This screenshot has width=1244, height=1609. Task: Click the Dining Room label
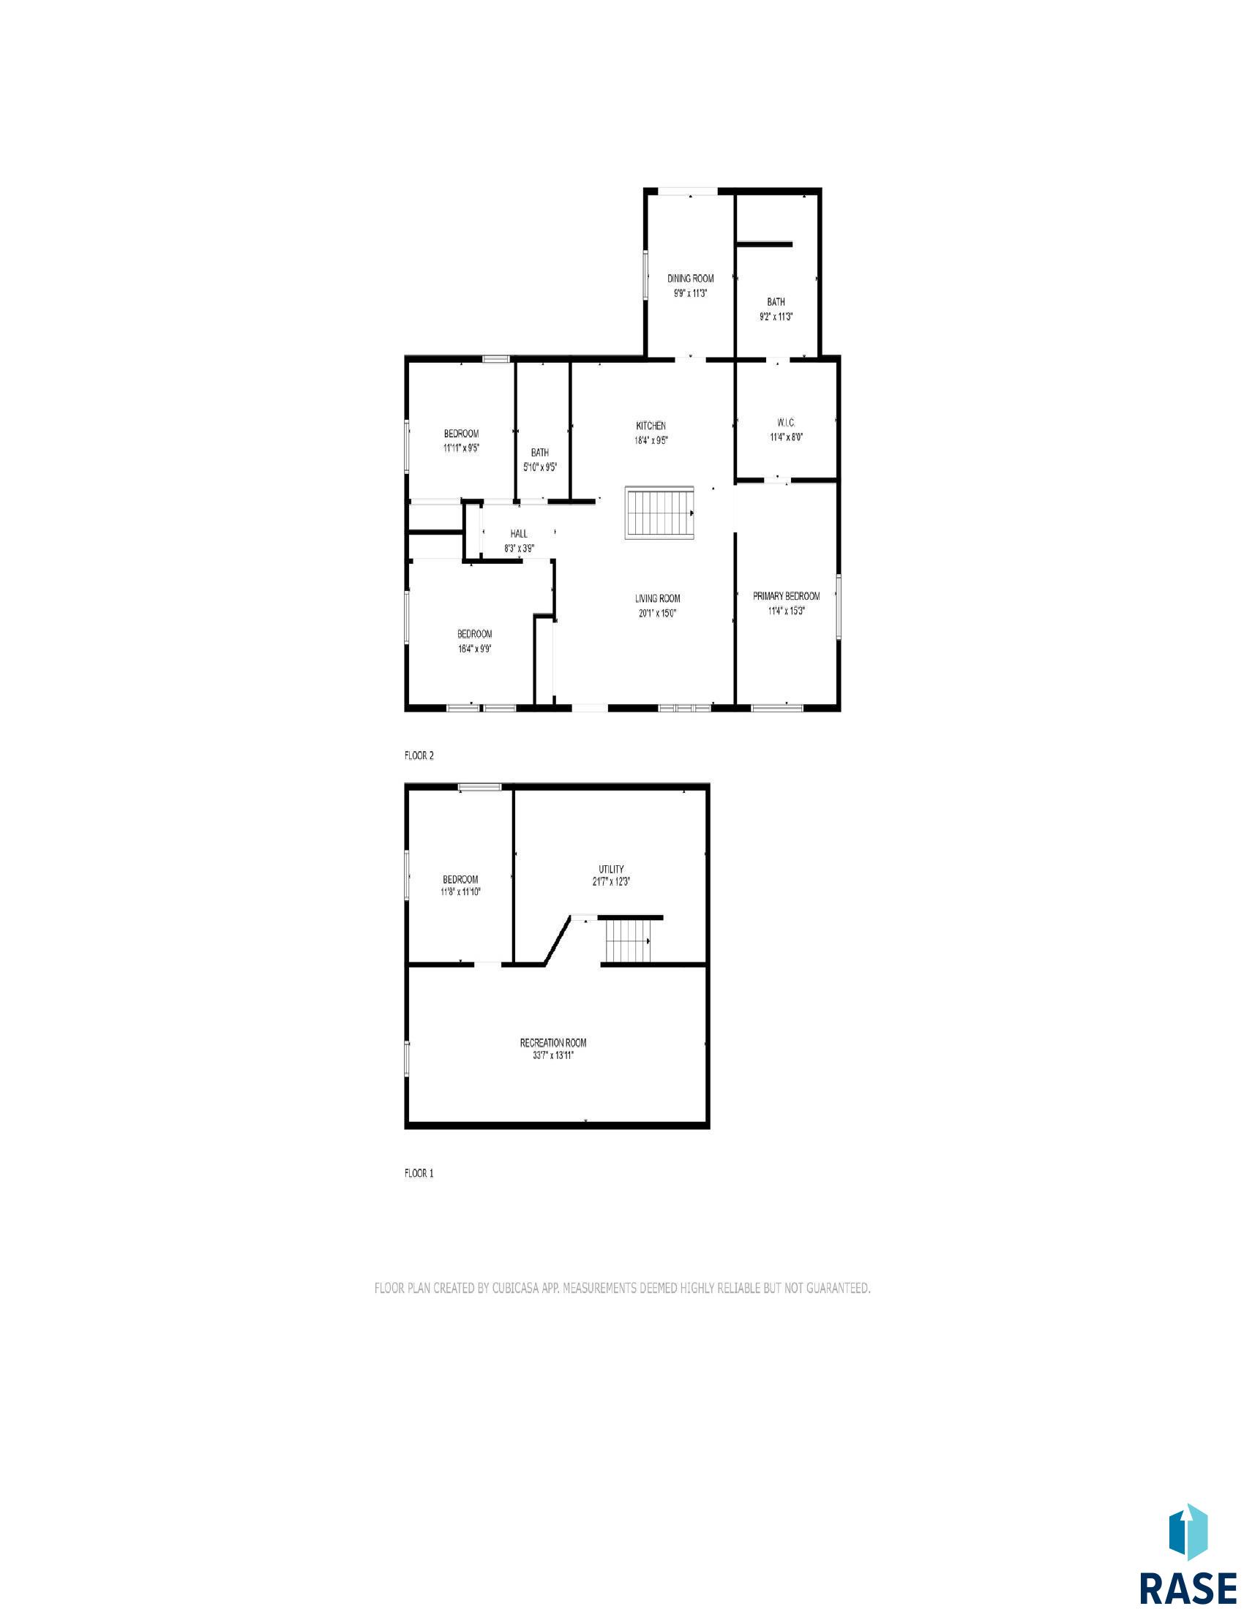[x=691, y=279]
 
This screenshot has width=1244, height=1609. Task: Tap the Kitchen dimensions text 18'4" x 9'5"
[x=651, y=440]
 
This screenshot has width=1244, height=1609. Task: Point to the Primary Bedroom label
[x=786, y=596]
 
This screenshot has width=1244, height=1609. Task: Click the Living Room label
[x=657, y=598]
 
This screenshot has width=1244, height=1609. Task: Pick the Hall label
[x=519, y=533]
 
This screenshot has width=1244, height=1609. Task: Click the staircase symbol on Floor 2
[x=660, y=513]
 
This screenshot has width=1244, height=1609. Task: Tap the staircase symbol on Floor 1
[x=628, y=941]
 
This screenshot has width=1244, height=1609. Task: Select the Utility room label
[x=612, y=870]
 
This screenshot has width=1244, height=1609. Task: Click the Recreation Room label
[x=552, y=1043]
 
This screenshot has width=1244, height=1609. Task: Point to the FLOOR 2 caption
[x=419, y=756]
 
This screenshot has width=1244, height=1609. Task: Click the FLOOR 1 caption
[x=419, y=1174]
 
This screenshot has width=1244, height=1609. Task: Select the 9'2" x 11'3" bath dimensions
[x=776, y=316]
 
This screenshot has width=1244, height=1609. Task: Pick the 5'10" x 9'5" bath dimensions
[x=539, y=467]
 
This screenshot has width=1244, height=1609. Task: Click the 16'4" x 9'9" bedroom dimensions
[x=474, y=648]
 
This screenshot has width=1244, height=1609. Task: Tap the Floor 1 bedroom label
[x=460, y=879]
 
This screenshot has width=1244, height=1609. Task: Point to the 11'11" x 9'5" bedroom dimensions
[x=460, y=447]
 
